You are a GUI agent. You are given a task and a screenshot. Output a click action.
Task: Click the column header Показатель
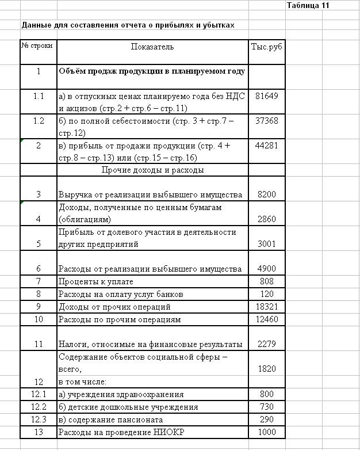pyautogui.click(x=152, y=46)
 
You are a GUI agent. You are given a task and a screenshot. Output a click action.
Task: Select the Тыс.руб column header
pyautogui.click(x=267, y=46)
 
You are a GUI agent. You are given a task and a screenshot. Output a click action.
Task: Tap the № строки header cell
pyautogui.click(x=38, y=44)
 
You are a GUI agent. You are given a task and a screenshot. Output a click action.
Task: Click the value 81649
pyautogui.click(x=267, y=96)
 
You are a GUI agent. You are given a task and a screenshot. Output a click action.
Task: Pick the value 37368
pyautogui.click(x=267, y=121)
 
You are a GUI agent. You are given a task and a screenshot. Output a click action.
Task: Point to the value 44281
pyautogui.click(x=267, y=146)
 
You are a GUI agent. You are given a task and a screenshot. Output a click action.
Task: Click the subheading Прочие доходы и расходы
pyautogui.click(x=152, y=170)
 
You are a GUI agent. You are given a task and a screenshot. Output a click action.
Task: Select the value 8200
pyautogui.click(x=267, y=195)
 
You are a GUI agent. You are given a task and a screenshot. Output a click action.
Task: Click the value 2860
pyautogui.click(x=267, y=219)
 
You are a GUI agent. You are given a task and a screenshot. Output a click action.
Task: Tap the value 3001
pyautogui.click(x=267, y=244)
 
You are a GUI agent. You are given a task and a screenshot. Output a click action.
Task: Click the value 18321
pyautogui.click(x=267, y=307)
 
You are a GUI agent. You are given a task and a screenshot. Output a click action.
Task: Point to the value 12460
pyautogui.click(x=267, y=319)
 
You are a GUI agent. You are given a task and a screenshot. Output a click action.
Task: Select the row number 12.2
pyautogui.click(x=39, y=407)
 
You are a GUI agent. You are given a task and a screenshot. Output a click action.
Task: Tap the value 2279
pyautogui.click(x=267, y=344)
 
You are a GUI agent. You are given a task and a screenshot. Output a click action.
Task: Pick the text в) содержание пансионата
pyautogui.click(x=108, y=420)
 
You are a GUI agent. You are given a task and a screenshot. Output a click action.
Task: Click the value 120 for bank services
pyautogui.click(x=267, y=294)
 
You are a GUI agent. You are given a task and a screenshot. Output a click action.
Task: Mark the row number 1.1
pyautogui.click(x=39, y=96)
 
